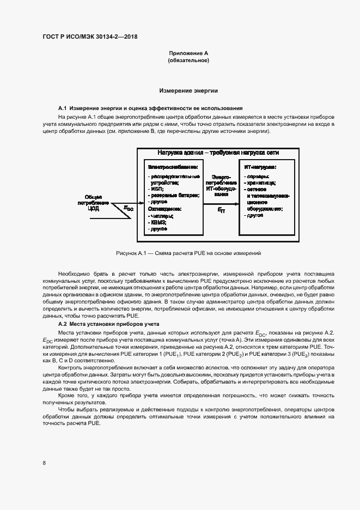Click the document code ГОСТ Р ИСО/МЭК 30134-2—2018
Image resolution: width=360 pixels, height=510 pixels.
pyautogui.click(x=90, y=37)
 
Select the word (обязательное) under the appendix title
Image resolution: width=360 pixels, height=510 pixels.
pyautogui.click(x=188, y=60)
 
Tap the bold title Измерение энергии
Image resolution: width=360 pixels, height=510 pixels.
pyautogui.click(x=188, y=90)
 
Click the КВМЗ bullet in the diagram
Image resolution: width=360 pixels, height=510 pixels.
pyautogui.click(x=158, y=223)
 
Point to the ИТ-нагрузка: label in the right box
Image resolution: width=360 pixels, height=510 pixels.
pyautogui.click(x=260, y=167)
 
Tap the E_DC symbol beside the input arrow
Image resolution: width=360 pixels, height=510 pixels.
pyautogui.click(x=129, y=208)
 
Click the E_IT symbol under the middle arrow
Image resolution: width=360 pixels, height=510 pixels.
pyautogui.click(x=221, y=209)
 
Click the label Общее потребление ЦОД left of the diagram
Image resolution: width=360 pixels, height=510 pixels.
pyautogui.click(x=93, y=202)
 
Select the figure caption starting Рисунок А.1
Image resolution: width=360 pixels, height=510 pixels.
pyautogui.click(x=188, y=253)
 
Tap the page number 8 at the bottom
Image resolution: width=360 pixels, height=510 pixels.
pyautogui.click(x=44, y=463)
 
